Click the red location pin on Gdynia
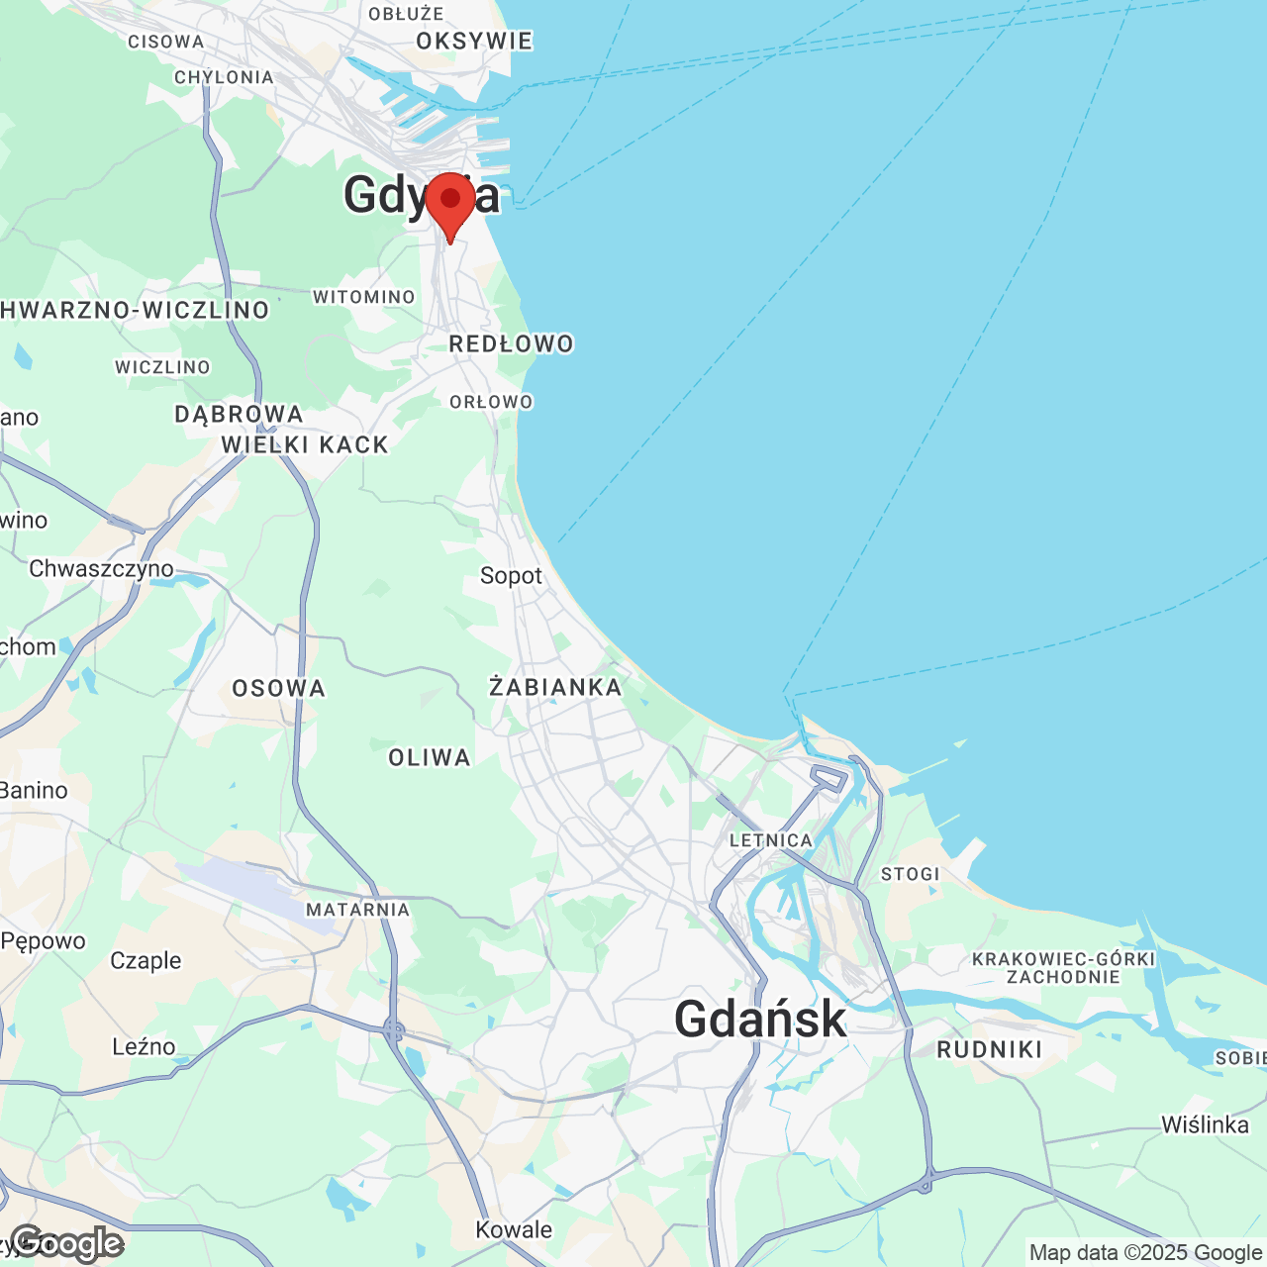tap(450, 201)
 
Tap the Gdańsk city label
tap(760, 1019)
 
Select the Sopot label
tap(511, 576)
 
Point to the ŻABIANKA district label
tap(555, 687)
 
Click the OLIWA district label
tap(430, 758)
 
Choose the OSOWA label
tap(278, 689)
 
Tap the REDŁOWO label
tap(511, 344)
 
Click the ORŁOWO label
tap(491, 402)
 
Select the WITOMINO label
tap(364, 297)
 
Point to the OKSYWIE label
tap(474, 42)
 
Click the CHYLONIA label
tap(224, 77)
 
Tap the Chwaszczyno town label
tap(101, 569)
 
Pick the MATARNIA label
tap(357, 910)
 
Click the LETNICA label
tap(770, 840)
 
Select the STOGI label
tap(910, 874)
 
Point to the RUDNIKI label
tap(989, 1050)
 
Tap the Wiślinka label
tap(1205, 1125)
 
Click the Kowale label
tap(514, 1230)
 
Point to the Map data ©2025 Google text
tap(1145, 1253)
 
